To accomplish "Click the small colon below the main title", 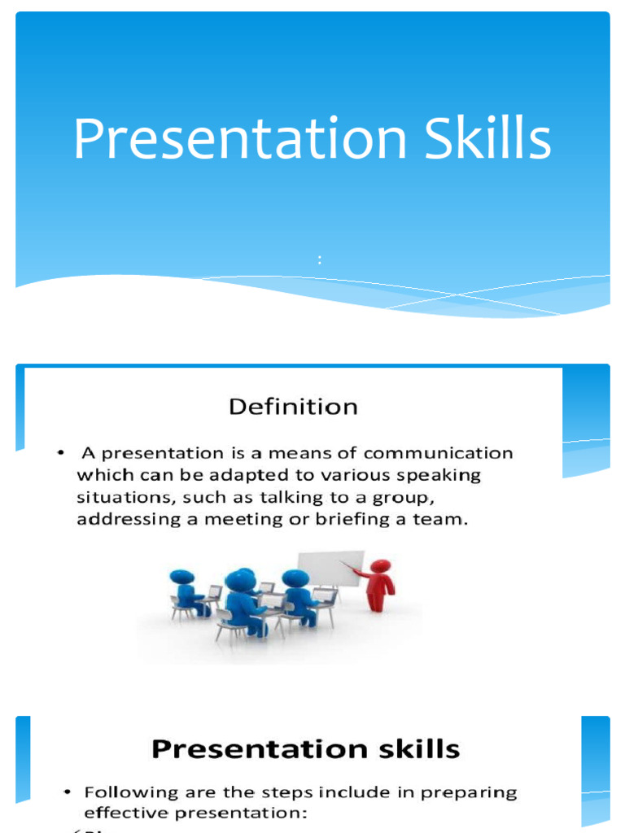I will pos(320,260).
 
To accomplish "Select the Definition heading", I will pos(293,407).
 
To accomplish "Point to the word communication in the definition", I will pos(444,453).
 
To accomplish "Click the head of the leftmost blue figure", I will pos(181,577).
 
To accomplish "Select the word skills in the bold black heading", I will pos(414,748).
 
